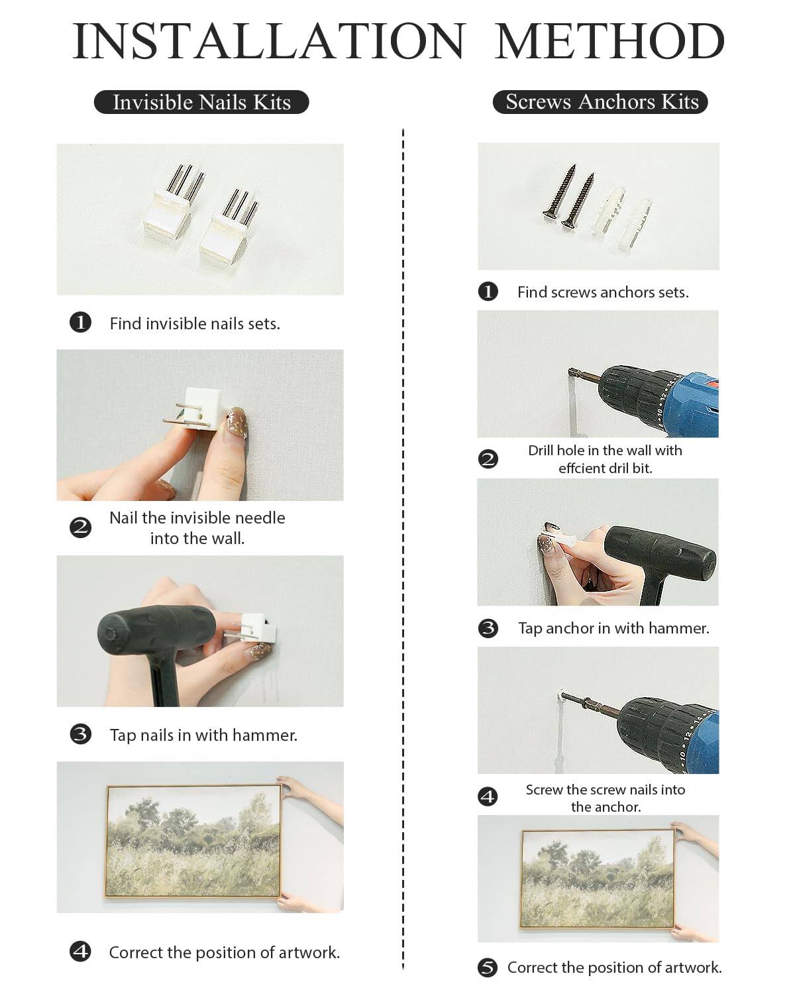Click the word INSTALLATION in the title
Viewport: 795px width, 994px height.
pos(268,41)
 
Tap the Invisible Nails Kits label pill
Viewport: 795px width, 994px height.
pos(201,102)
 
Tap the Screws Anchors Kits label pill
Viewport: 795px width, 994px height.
pos(601,101)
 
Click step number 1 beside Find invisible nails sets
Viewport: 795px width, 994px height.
pos(80,323)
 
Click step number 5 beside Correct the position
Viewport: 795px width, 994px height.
pos(488,967)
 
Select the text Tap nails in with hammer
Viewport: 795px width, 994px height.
pos(203,735)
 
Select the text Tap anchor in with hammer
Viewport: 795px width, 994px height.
pos(613,628)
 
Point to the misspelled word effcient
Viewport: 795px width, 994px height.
pos(581,468)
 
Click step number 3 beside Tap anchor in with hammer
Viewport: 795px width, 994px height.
pos(488,628)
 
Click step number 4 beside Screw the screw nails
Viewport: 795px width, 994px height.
pos(488,797)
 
